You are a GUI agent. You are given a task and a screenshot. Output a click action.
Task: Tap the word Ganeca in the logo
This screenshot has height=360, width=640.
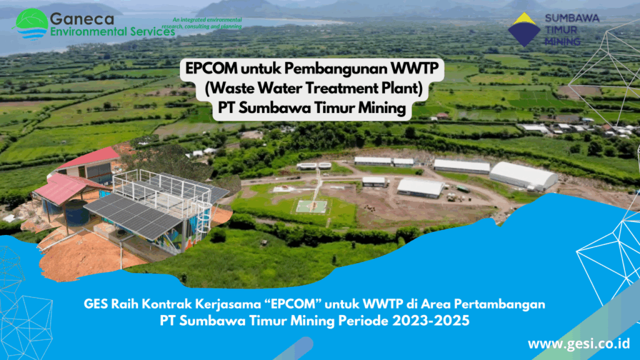point(82,19)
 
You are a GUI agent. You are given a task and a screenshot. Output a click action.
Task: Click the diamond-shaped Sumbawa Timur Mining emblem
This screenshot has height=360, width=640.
point(524,29)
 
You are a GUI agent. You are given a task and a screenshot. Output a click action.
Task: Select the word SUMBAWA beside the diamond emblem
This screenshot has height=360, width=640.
point(572,18)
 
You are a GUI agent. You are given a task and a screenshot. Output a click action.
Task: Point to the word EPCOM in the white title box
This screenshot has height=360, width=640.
point(211,69)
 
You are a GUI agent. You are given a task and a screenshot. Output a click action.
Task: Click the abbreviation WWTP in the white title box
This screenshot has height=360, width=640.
point(415,68)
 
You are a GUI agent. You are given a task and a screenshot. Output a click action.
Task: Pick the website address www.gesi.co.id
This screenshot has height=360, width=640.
point(579,344)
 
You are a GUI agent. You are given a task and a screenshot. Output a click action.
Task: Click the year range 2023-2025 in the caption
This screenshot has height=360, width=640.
point(431,321)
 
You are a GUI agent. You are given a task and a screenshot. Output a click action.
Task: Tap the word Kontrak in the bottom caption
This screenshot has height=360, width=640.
point(166,304)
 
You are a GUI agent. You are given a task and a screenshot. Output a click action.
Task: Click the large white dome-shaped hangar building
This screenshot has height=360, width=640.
point(523,176)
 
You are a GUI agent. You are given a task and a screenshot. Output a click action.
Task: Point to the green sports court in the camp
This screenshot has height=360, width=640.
point(312,206)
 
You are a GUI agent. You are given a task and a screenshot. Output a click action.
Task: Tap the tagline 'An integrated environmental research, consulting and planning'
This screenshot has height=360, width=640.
point(202,23)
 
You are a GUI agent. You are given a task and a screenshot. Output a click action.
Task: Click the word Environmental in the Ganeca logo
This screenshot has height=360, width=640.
point(90,31)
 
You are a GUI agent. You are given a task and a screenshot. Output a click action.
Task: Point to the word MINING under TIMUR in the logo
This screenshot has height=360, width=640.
point(562,41)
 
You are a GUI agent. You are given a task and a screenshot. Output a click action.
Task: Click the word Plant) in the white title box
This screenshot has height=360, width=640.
point(402,88)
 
